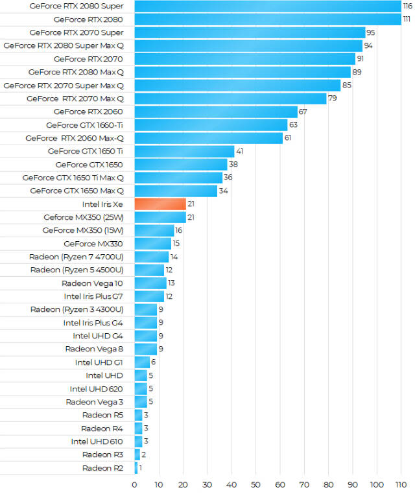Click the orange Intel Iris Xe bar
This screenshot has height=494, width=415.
click(160, 204)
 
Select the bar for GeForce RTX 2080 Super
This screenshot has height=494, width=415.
click(268, 6)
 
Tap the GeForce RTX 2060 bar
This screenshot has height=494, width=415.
click(216, 112)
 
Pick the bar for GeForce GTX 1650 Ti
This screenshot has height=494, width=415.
click(184, 151)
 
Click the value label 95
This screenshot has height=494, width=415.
click(371, 32)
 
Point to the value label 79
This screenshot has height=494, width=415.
click(333, 99)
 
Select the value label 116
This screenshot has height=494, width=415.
click(407, 6)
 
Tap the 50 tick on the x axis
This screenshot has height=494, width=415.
click(255, 484)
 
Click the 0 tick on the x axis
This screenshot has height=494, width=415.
click(134, 484)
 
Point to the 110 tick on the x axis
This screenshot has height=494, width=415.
click(401, 484)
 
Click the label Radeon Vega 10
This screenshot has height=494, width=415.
click(92, 283)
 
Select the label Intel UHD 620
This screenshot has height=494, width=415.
click(97, 388)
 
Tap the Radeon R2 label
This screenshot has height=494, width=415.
click(102, 467)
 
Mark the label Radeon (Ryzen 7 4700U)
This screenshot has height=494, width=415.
click(77, 257)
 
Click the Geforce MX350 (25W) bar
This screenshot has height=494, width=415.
click(160, 217)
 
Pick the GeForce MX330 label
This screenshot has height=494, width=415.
click(93, 243)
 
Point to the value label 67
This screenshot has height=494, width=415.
click(303, 112)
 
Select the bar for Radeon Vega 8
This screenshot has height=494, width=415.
click(145, 349)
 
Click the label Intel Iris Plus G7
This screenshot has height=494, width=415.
click(93, 296)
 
